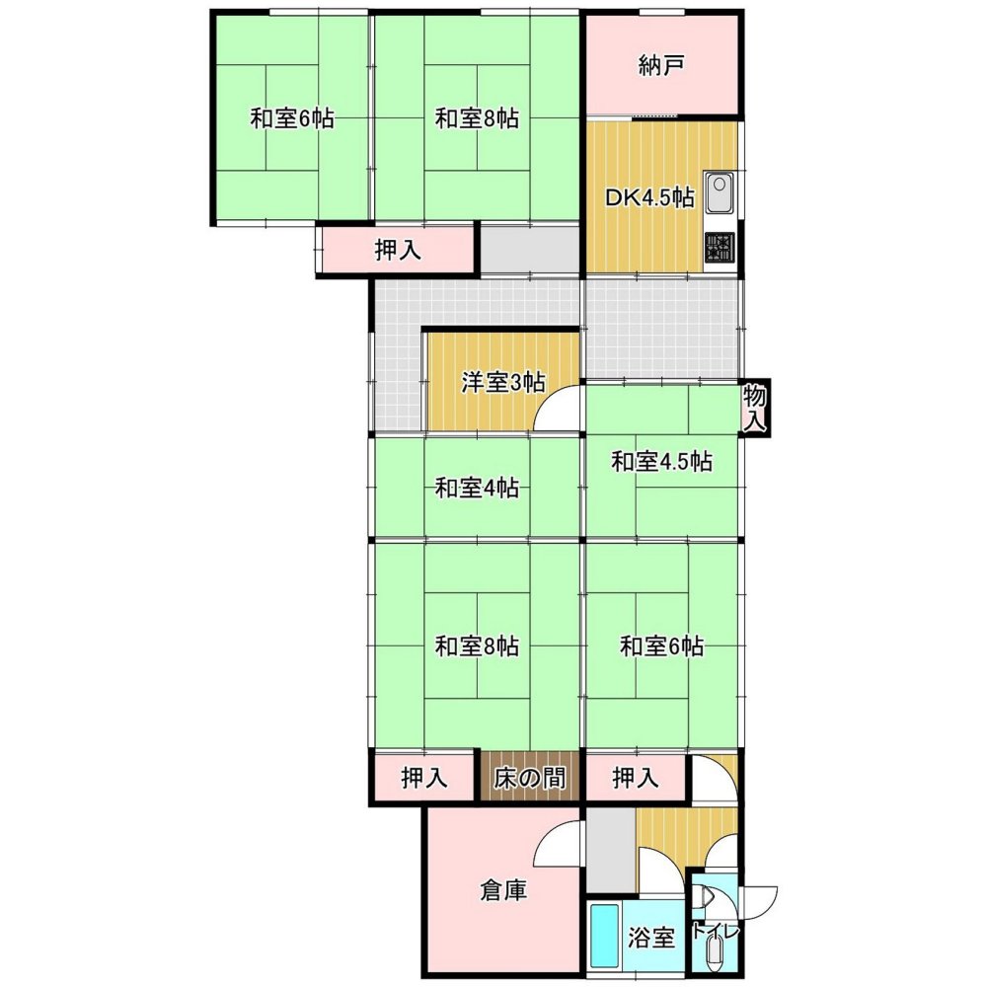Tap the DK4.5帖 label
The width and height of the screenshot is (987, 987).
(x=649, y=197)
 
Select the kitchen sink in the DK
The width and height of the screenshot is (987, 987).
(x=720, y=192)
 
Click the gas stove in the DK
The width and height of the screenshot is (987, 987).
(x=720, y=247)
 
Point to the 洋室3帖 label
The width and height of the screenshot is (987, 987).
(x=503, y=382)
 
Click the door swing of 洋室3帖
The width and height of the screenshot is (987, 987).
(x=557, y=408)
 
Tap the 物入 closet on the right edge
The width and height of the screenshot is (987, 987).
(x=755, y=410)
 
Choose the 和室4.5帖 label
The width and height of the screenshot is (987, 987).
(x=661, y=461)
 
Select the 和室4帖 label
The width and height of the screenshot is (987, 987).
(x=477, y=488)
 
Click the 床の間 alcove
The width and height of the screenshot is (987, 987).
(x=529, y=778)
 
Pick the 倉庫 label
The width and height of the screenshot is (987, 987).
(x=503, y=890)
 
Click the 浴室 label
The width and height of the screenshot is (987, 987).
(x=651, y=938)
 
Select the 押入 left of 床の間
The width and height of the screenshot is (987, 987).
(x=424, y=778)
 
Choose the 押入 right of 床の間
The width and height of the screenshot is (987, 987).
(x=636, y=778)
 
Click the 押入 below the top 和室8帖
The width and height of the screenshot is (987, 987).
(x=398, y=251)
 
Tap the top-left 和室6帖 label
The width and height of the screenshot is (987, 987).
(x=293, y=118)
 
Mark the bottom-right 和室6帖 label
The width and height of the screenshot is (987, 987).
(x=661, y=645)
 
